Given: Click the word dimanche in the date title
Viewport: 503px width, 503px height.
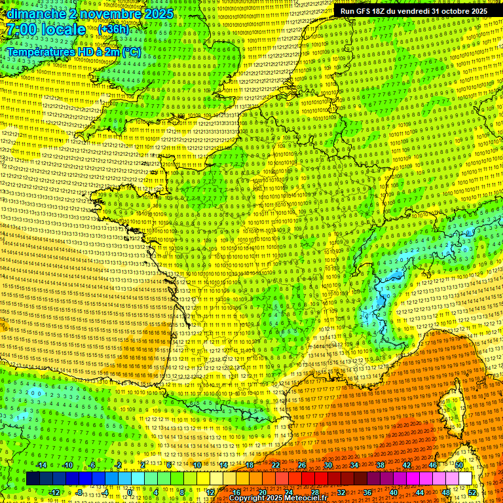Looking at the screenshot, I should pos(33,14).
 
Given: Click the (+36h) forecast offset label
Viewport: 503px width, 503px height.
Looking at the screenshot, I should pos(113,29).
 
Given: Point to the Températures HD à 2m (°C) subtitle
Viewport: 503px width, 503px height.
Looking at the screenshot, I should pos(74,52).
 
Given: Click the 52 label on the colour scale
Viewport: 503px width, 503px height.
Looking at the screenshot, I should pos(472,493).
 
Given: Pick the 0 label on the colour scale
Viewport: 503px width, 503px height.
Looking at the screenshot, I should pos(130,493).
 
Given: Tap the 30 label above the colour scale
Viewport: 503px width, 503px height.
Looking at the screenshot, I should pos(327,465).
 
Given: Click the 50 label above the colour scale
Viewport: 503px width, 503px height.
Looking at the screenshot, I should pos(458,465).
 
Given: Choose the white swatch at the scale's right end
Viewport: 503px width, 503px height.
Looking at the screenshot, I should pos(465,479).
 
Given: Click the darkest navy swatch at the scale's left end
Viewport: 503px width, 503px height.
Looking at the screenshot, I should pos(33,479).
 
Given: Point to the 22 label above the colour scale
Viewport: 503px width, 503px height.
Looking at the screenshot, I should pos(276,465).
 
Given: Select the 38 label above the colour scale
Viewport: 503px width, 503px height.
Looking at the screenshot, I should pos(380,465).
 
